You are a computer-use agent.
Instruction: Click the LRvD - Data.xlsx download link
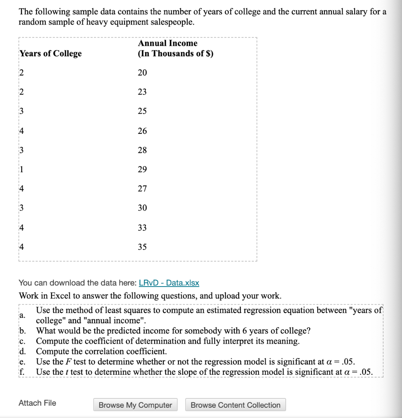tap(169, 283)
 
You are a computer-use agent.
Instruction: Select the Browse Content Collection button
tap(235, 405)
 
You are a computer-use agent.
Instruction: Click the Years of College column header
tap(51, 53)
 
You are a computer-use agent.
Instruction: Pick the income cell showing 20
tap(142, 73)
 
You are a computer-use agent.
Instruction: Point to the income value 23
tap(142, 92)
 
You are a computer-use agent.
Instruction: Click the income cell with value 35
tap(142, 247)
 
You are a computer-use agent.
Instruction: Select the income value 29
tap(142, 169)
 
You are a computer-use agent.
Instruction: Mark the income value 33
tap(142, 228)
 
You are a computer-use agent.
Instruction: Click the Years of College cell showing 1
tap(22, 169)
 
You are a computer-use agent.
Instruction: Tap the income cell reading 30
tap(142, 208)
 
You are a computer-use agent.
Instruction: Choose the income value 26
tap(142, 131)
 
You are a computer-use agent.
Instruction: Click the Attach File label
tap(38, 403)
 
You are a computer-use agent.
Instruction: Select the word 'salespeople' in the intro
tap(171, 22)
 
